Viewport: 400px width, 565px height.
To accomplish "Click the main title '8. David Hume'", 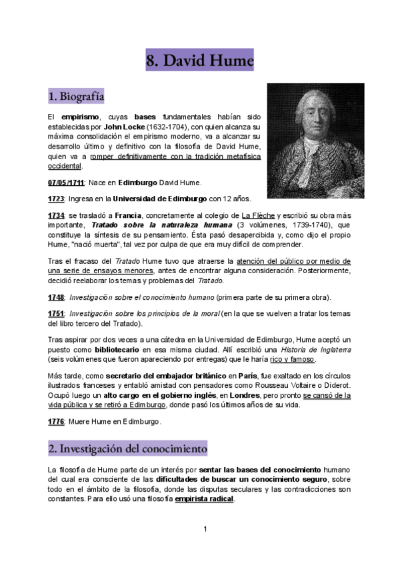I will click(200, 62).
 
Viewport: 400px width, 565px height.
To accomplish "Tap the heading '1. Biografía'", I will click(76, 97).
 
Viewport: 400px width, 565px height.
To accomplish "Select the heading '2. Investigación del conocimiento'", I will click(128, 448).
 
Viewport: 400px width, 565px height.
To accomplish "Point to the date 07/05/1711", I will click(66, 183).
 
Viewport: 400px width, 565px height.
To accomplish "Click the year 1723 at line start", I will click(56, 199).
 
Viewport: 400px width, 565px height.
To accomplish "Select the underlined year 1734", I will click(56, 215).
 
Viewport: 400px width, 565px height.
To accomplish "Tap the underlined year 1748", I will click(56, 297).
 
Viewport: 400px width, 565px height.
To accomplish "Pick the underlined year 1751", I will click(56, 314).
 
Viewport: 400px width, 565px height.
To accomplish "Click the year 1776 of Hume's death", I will click(56, 422).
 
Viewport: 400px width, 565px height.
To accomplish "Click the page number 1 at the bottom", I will click(206, 529).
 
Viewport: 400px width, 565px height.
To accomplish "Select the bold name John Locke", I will click(105, 126).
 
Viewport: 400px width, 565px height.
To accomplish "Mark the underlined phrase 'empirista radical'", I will click(204, 499).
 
